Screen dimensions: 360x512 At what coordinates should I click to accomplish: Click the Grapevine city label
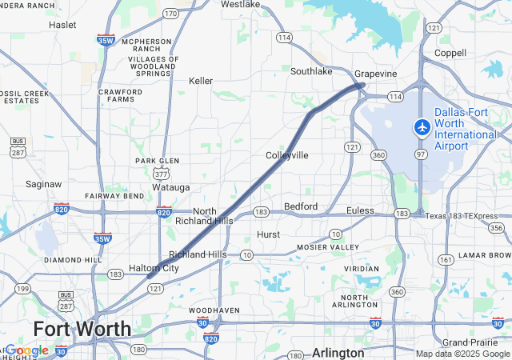[x=376, y=74]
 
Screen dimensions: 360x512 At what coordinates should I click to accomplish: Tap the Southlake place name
[x=311, y=71]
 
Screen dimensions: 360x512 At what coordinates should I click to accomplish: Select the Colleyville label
[x=287, y=154]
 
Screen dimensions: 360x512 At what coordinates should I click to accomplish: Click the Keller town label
[x=201, y=81]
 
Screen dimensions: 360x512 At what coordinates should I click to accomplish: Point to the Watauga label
[x=171, y=187]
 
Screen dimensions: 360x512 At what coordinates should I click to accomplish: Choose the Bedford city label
[x=301, y=206]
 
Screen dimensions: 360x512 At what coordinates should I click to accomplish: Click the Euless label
[x=360, y=210]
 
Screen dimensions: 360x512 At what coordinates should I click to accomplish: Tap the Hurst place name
[x=269, y=234]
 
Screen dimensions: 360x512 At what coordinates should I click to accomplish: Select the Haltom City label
[x=154, y=268]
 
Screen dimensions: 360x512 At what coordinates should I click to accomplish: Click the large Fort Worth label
[x=82, y=329]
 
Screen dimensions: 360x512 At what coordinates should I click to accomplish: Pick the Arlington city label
[x=338, y=352]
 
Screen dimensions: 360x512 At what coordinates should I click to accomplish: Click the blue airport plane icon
[x=422, y=126]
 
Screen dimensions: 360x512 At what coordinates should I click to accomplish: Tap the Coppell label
[x=450, y=53]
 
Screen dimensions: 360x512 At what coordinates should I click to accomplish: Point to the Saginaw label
[x=43, y=184]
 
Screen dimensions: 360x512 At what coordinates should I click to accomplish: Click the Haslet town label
[x=62, y=25]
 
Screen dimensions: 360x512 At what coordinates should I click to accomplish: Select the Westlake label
[x=241, y=4]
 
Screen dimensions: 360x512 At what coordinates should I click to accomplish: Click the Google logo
[x=27, y=350]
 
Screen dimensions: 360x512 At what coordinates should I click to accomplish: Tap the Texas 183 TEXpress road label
[x=461, y=216]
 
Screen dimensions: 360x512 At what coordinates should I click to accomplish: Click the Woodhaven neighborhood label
[x=214, y=310]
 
